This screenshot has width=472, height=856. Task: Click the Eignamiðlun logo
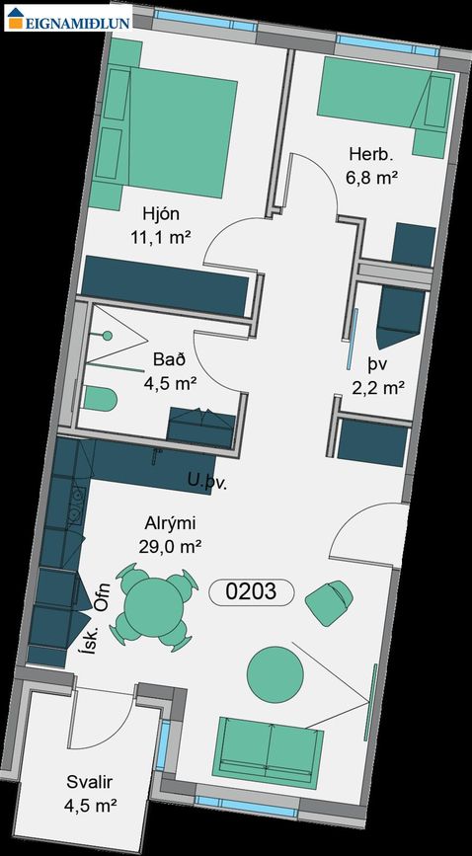pyautogui.click(x=68, y=18)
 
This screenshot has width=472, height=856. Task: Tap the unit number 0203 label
pyautogui.click(x=252, y=591)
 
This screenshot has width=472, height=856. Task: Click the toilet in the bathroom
pyautogui.click(x=101, y=399)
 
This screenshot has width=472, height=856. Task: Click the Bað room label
pyautogui.click(x=170, y=359)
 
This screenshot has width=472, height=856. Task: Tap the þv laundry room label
pyautogui.click(x=377, y=363)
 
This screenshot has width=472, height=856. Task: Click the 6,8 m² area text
pyautogui.click(x=372, y=178)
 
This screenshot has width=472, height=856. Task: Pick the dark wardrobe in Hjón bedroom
pyautogui.click(x=165, y=285)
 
